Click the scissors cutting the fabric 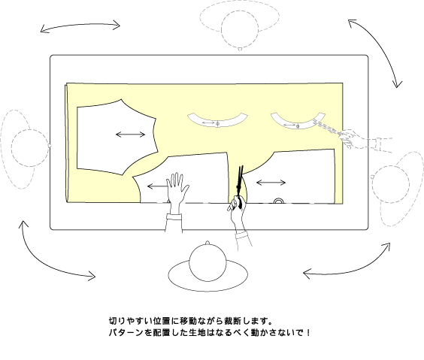coord(240,180)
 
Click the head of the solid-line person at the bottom coord(207,263)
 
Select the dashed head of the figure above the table coord(240,29)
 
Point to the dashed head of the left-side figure coord(30,148)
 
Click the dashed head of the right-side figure coord(390,184)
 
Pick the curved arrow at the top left coord(80,26)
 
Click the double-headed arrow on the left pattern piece coord(131,135)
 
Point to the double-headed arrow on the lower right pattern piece coord(271,183)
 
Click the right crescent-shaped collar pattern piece coord(298,126)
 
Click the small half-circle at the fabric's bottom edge coord(279,201)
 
